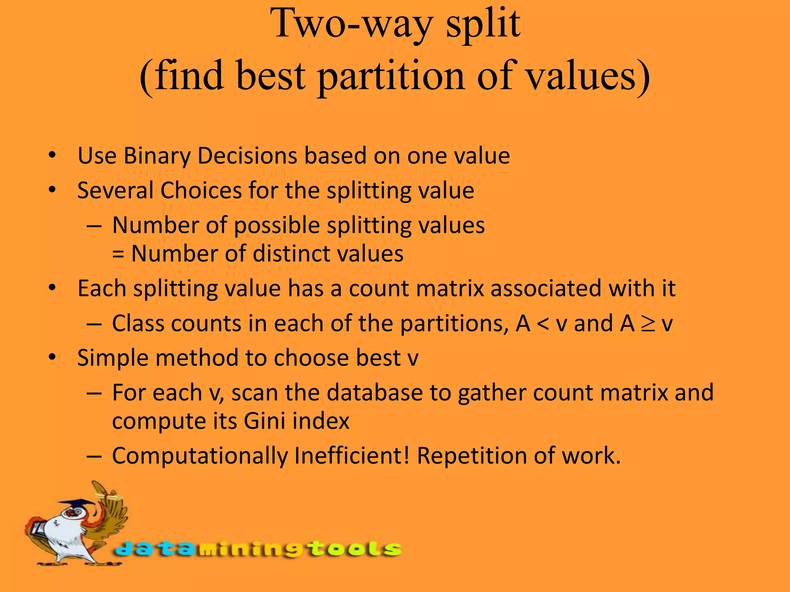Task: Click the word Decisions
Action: click(x=247, y=156)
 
